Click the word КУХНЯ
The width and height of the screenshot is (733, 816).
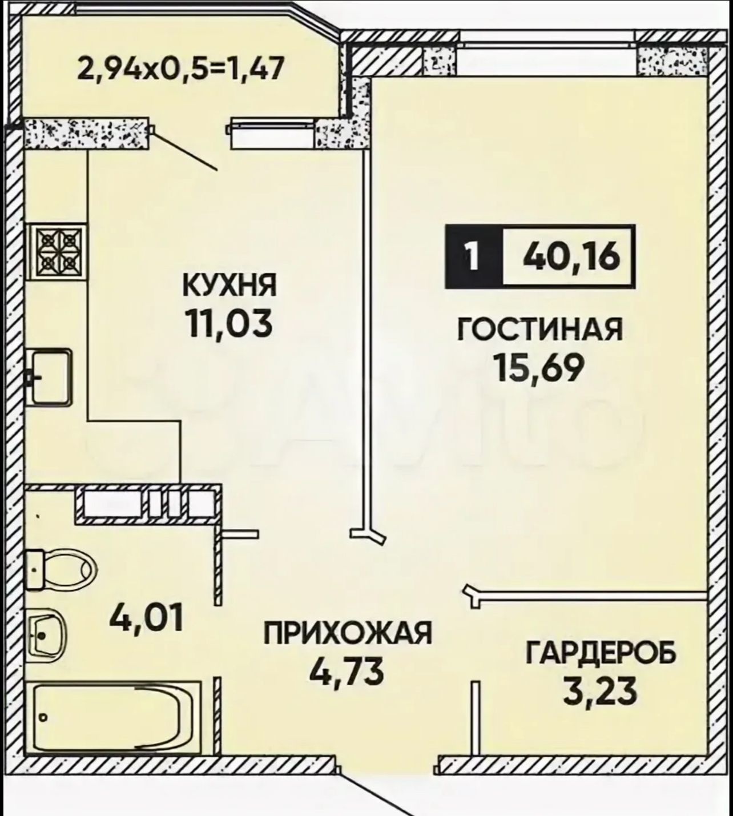pos(229,286)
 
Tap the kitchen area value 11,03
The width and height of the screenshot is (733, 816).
pos(228,324)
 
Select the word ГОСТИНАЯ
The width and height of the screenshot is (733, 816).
pos(540,329)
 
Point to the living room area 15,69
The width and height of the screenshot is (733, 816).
pos(540,368)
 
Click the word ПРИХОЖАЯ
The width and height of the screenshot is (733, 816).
pos(348,633)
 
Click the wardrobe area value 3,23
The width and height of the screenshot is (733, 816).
pos(599,691)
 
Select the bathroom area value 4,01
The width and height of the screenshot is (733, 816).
pos(146,617)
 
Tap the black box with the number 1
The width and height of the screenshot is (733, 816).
pos(474,256)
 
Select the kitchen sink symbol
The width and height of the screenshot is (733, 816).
pos(50,377)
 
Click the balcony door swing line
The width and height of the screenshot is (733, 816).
pos(185,148)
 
